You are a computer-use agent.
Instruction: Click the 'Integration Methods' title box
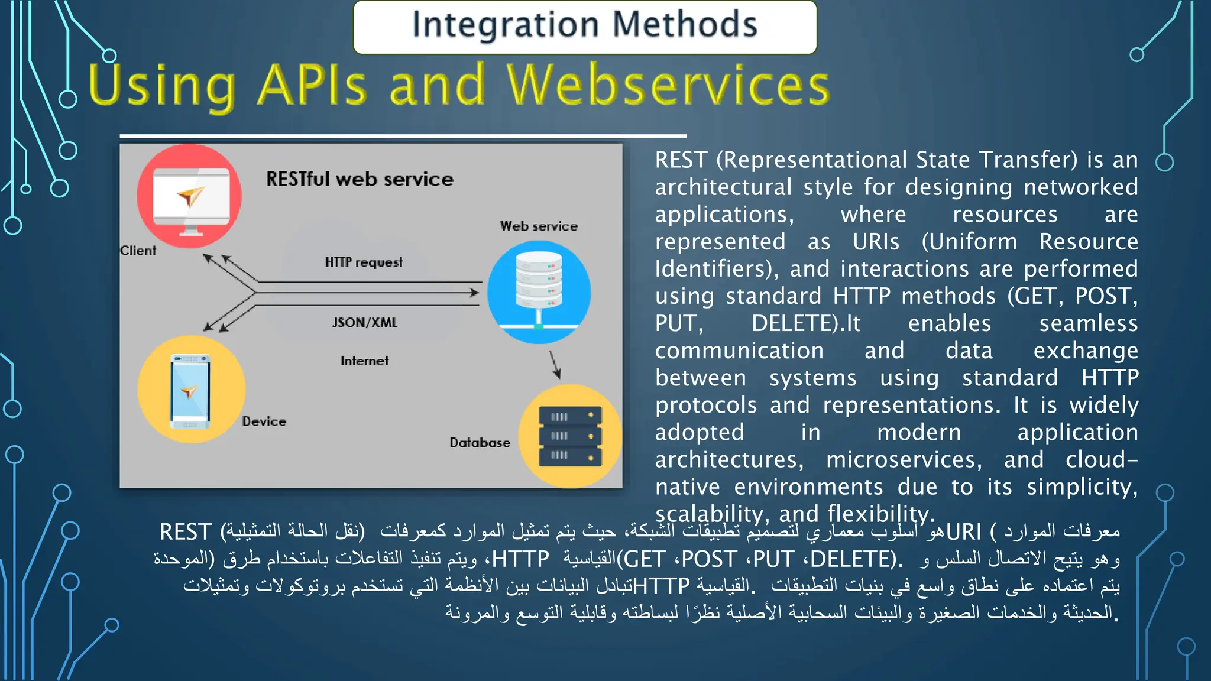[x=584, y=27]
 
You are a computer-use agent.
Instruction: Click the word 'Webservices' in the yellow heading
[x=668, y=86]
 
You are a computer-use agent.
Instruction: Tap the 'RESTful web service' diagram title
[x=360, y=179]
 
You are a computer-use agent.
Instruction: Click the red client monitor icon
[x=189, y=196]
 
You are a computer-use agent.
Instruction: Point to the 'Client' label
[x=138, y=251]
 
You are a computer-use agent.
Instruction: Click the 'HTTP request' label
[x=364, y=262]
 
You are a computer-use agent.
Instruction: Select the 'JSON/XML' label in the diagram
[x=365, y=323]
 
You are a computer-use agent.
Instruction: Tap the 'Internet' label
[x=365, y=361]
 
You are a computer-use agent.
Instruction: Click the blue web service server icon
[x=539, y=292]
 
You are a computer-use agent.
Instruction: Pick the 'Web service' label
[x=539, y=226]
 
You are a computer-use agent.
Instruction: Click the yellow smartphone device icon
[x=191, y=390]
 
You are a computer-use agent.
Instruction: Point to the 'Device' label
[x=264, y=421]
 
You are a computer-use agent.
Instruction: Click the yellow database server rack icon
[x=570, y=436]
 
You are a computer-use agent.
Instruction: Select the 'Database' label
[x=480, y=443]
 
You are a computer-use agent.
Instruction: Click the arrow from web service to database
[x=555, y=364]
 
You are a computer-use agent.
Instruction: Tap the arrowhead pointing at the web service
[x=474, y=293]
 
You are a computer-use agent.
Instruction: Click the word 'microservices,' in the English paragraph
[x=904, y=459]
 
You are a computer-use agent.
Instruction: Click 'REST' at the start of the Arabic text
[x=185, y=532]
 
